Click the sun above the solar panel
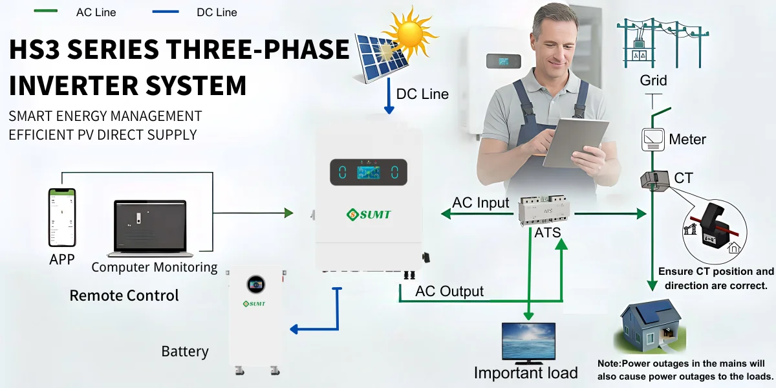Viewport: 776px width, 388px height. pos(411,33)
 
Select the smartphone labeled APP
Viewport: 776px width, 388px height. pos(62,217)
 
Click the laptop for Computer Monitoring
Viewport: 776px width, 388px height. pos(150,228)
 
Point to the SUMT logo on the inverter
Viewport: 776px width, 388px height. pos(369,215)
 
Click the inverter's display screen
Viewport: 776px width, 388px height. pos(369,172)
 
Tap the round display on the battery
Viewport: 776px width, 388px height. pos(255,285)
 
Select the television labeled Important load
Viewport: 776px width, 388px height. pos(529,343)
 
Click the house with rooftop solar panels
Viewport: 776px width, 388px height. pos(649,327)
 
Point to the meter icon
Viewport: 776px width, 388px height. pos(653,140)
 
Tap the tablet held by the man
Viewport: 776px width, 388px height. pos(576,143)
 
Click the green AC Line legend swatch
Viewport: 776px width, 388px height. pos(46,11)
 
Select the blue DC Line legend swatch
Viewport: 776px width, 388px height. pos(166,12)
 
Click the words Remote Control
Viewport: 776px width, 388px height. pos(124,296)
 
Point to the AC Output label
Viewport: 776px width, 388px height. pos(449,292)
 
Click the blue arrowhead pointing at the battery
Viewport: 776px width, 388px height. pos(294,329)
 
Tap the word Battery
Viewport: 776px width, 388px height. pos(185,351)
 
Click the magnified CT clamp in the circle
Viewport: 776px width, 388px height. pos(715,230)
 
